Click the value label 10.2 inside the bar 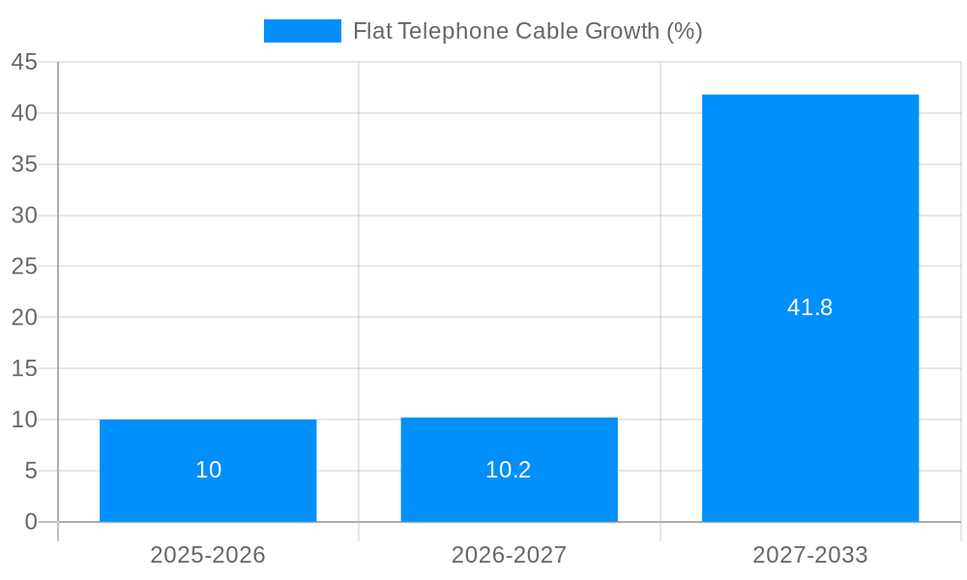click(x=509, y=470)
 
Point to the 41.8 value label click(x=810, y=307)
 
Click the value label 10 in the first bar click(x=208, y=470)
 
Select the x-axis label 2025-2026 click(x=208, y=555)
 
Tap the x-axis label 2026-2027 click(x=509, y=555)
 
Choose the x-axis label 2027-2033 click(x=810, y=555)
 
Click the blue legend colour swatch click(x=302, y=31)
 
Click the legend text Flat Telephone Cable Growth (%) click(x=527, y=31)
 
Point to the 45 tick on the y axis click(x=24, y=63)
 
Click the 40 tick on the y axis click(x=24, y=113)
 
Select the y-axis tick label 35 click(x=24, y=164)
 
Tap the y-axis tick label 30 click(x=24, y=216)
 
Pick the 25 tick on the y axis click(x=24, y=267)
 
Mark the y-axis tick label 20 click(x=24, y=318)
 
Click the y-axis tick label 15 click(x=24, y=369)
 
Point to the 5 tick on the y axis click(x=31, y=471)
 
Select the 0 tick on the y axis click(x=31, y=522)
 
